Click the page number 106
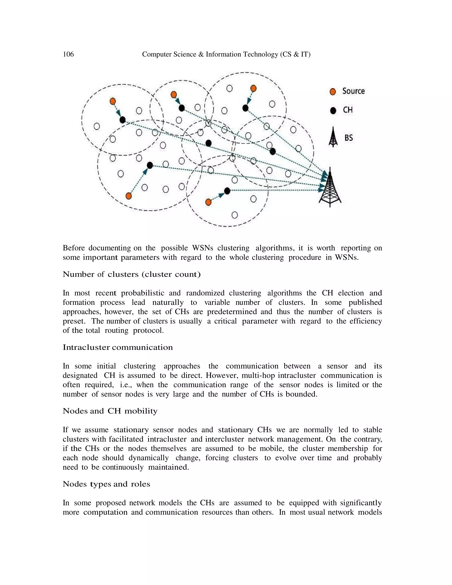[68, 54]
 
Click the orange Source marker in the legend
[333, 92]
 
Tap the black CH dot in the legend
[333, 111]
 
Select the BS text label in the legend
[349, 138]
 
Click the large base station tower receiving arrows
[330, 187]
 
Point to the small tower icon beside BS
[333, 137]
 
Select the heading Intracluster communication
[118, 347]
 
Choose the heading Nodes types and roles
[106, 484]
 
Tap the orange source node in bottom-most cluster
[208, 202]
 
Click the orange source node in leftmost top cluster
[113, 101]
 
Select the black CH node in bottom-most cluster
[227, 191]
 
